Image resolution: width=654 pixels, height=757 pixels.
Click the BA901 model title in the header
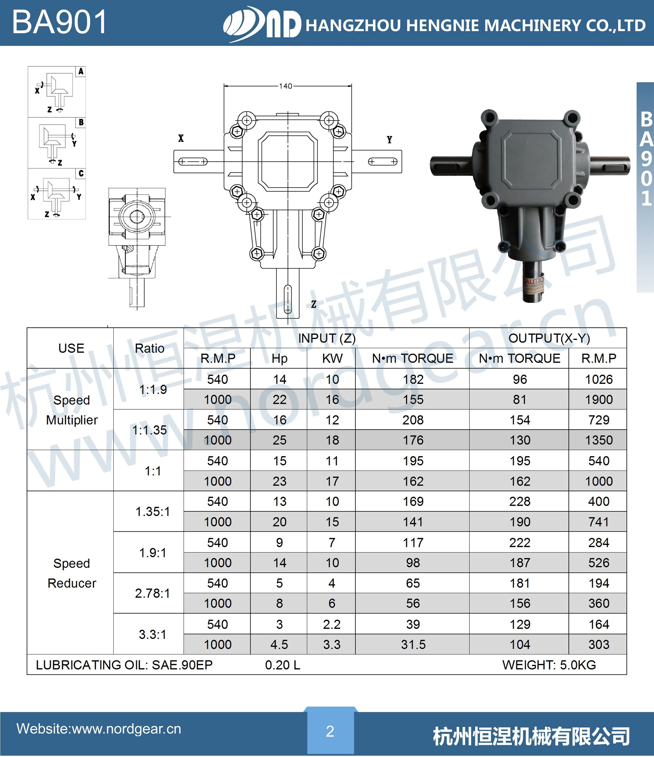(60, 23)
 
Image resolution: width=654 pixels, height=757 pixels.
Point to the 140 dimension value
(286, 86)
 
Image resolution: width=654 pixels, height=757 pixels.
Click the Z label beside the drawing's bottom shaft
(313, 304)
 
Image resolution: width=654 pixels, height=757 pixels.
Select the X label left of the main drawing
(181, 138)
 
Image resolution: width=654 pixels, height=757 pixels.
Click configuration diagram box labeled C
(57, 194)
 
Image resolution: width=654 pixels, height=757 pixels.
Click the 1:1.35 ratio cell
(149, 430)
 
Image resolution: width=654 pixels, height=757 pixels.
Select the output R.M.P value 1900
(598, 399)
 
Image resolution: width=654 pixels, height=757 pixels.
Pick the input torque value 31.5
(413, 644)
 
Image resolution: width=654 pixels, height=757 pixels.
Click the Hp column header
(279, 358)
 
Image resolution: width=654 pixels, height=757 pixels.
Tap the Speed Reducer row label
(72, 573)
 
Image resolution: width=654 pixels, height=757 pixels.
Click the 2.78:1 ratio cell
(152, 593)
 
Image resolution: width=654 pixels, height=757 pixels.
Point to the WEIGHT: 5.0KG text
(549, 665)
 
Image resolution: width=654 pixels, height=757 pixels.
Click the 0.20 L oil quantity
(283, 665)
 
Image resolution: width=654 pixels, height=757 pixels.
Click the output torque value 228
(520, 501)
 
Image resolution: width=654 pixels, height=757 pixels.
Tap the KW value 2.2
(331, 624)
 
